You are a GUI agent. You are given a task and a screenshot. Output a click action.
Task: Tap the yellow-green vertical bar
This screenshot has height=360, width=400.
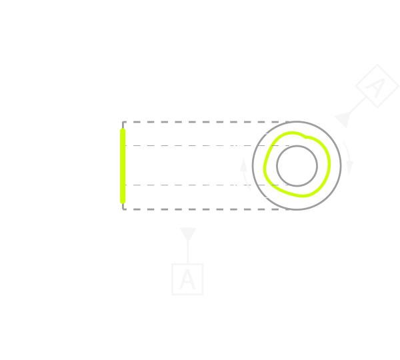tap(123, 165)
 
